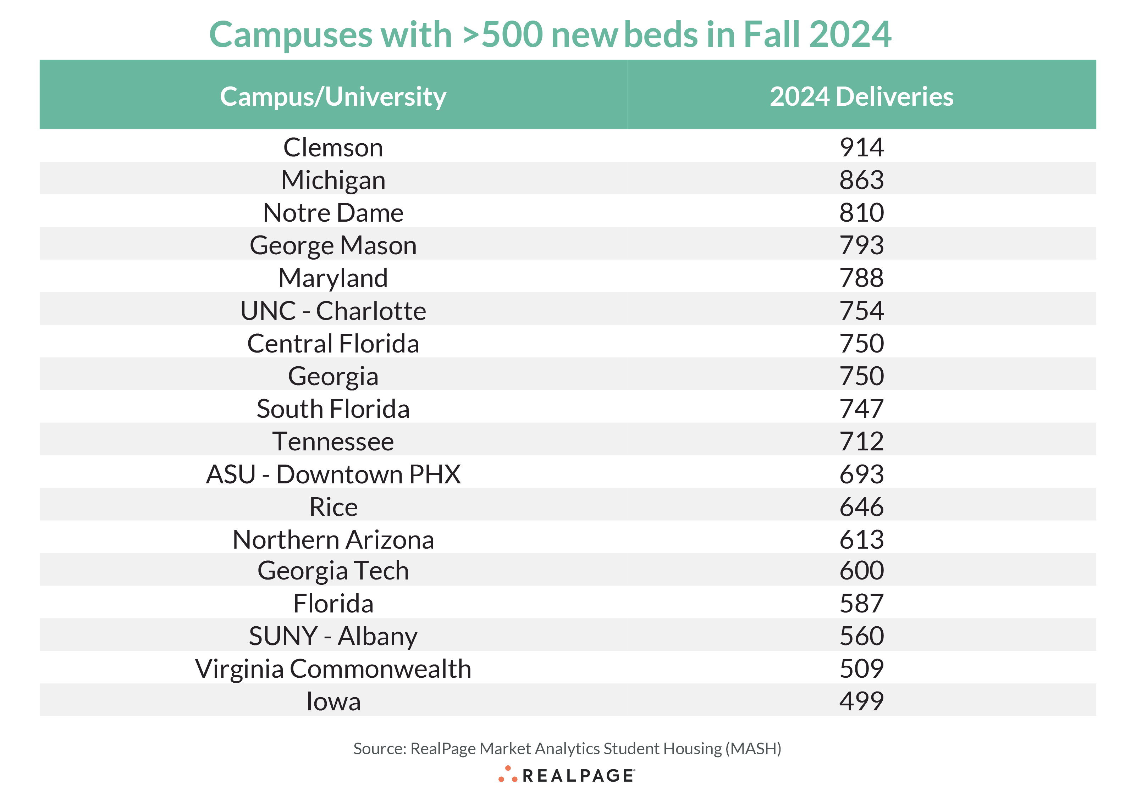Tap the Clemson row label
pos(333,148)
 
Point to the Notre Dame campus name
pos(333,213)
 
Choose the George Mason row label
pos(333,245)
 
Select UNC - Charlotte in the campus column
pos(333,311)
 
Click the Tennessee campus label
pos(333,442)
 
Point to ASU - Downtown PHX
pos(333,474)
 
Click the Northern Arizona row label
pos(333,540)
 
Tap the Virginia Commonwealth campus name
pos(333,669)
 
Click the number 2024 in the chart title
pos(850,35)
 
